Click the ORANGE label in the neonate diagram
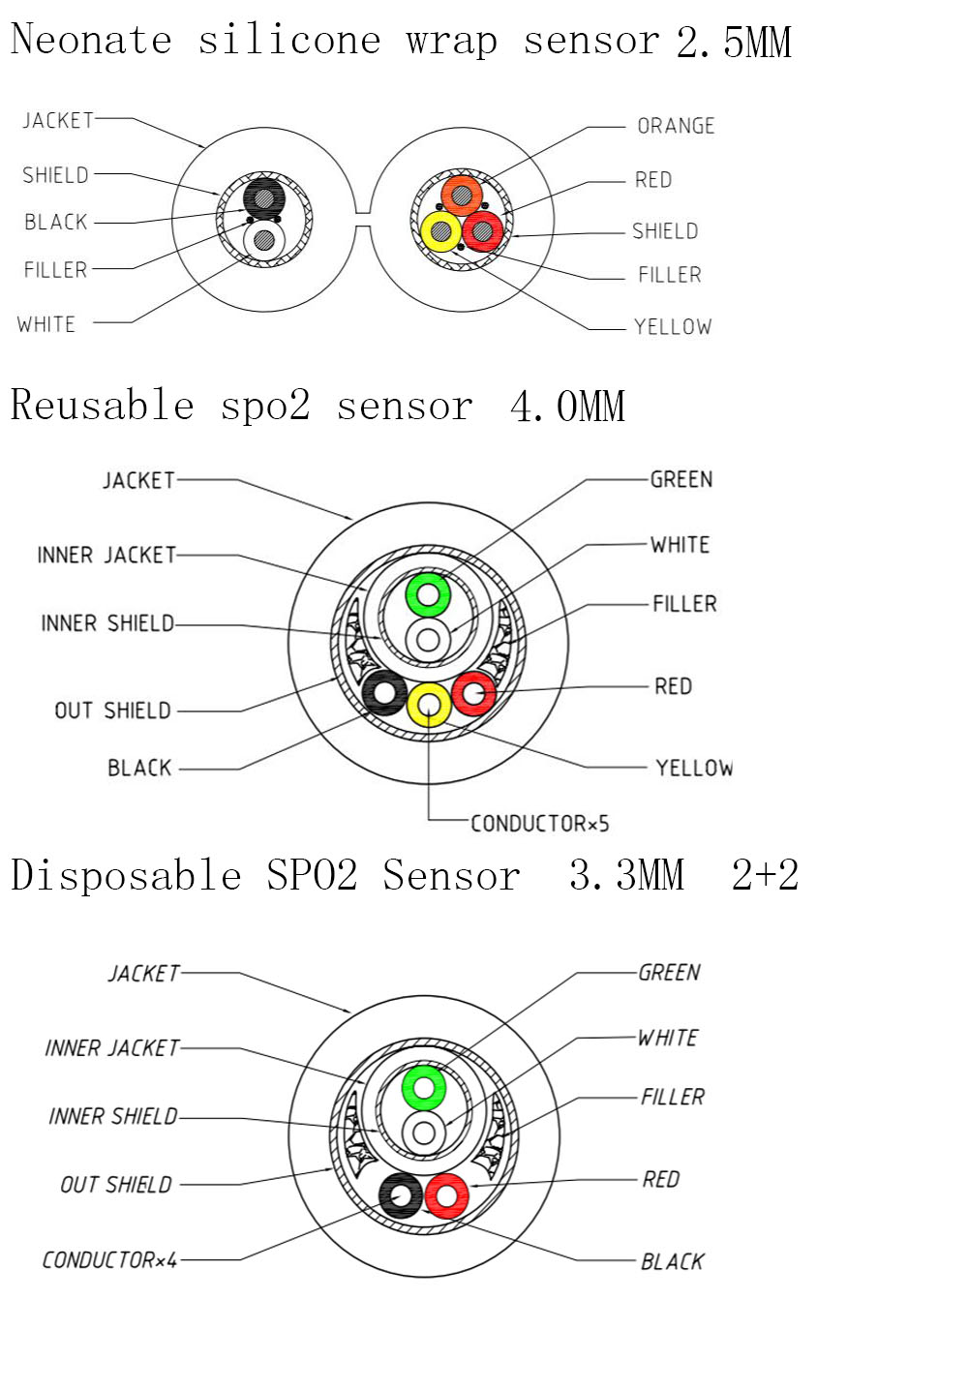[676, 126]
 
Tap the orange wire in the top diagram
[462, 196]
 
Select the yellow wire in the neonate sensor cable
[440, 231]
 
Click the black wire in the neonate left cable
[263, 197]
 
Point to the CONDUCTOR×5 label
[540, 824]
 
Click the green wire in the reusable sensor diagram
[427, 594]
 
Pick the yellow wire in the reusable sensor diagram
[429, 705]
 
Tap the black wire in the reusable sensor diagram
[384, 693]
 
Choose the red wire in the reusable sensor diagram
[473, 693]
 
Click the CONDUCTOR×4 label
[110, 1260]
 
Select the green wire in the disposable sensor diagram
[423, 1088]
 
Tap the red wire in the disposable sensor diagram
[446, 1195]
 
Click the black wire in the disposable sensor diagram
[401, 1195]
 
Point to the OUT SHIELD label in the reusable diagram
[112, 711]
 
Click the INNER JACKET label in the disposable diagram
[112, 1048]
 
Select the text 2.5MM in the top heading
[734, 43]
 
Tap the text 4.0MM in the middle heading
[567, 407]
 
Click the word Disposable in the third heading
[126, 876]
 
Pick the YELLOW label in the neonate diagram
[673, 327]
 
